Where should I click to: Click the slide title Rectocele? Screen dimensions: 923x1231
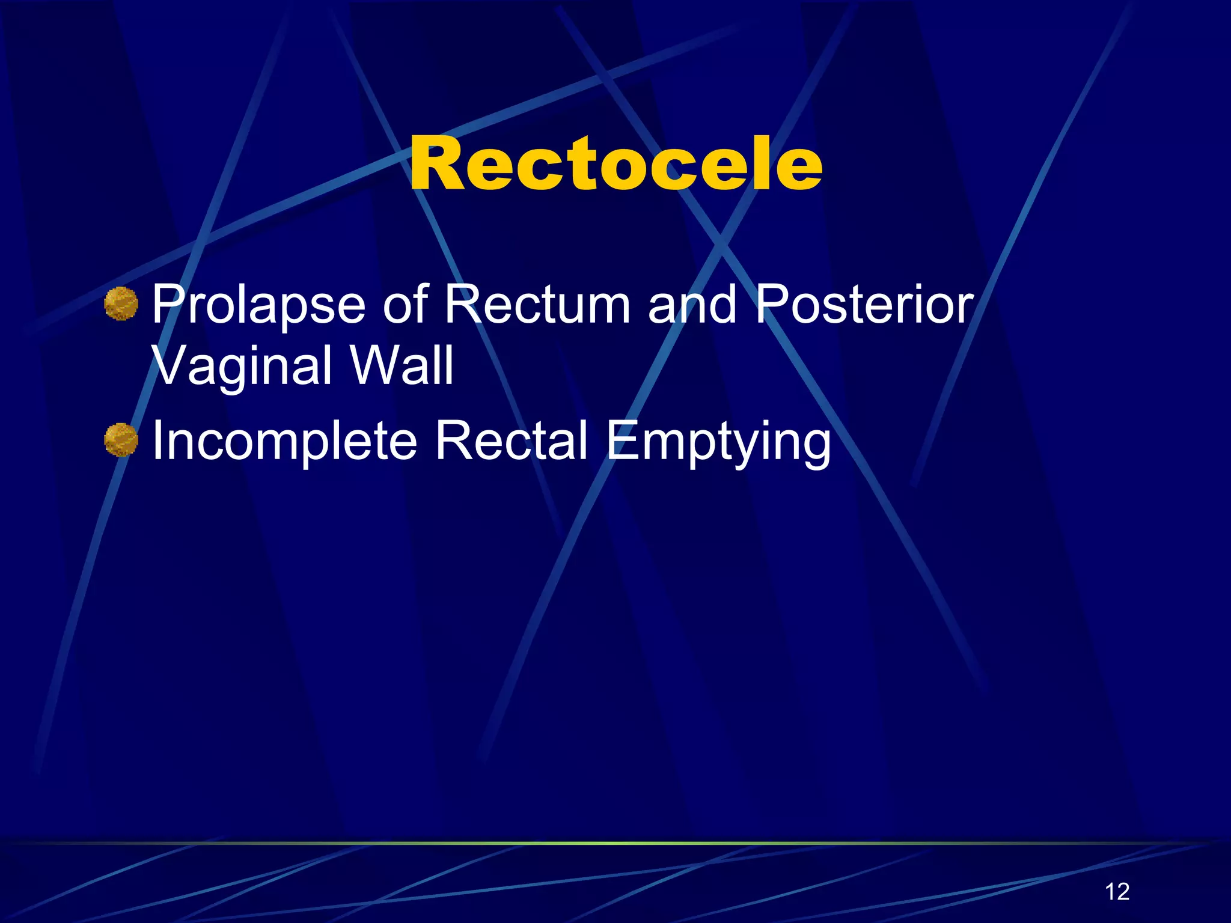point(615,163)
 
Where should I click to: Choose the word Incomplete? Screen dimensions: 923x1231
point(284,442)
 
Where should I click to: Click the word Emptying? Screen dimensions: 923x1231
point(718,442)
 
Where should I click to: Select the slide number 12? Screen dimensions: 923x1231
point(1117,892)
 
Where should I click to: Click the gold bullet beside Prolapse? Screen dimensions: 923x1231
point(121,303)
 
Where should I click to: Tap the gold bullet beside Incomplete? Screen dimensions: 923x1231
point(121,440)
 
